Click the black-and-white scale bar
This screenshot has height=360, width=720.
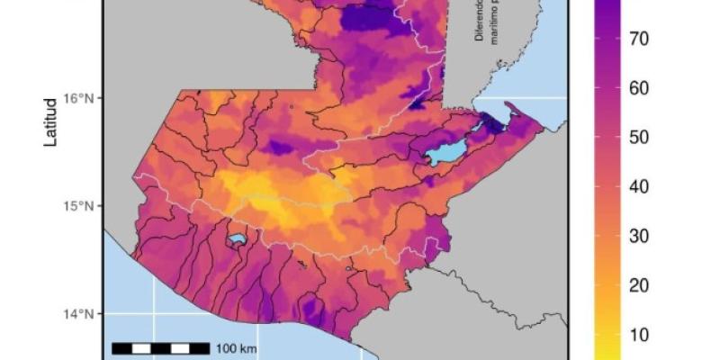[x=162, y=347]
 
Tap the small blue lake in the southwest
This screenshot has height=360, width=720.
[x=237, y=240]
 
